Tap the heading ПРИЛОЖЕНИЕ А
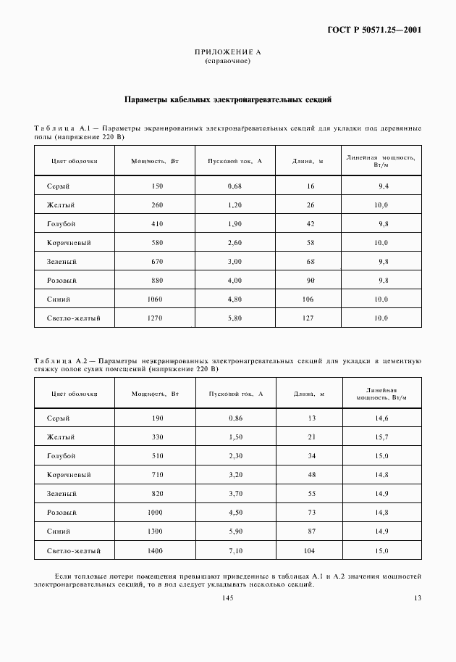[x=227, y=53]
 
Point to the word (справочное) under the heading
[x=227, y=61]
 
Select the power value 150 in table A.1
[x=157, y=186]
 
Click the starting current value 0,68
[x=234, y=186]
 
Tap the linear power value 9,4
[x=383, y=186]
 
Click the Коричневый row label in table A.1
[x=68, y=243]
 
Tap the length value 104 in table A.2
[x=311, y=550]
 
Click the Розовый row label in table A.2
[x=62, y=513]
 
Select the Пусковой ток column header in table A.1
[x=235, y=160]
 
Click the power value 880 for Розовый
[x=157, y=280]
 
